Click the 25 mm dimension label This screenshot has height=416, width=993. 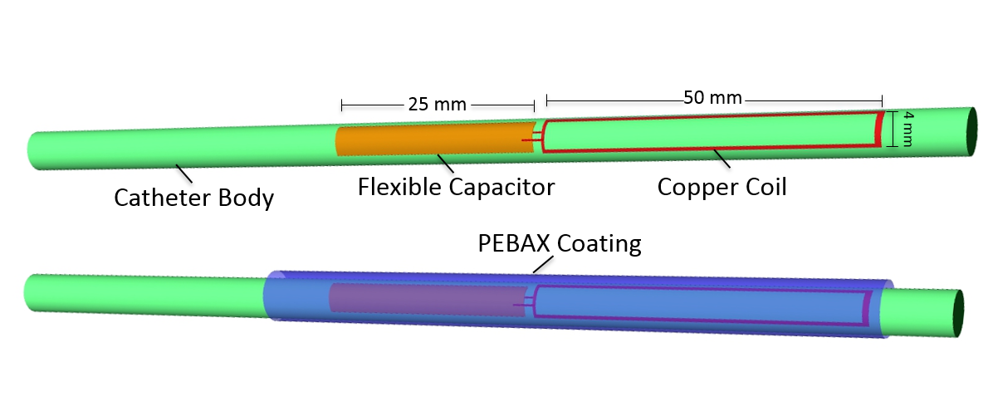(437, 105)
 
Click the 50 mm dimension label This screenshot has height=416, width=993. (712, 97)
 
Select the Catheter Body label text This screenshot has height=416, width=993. (193, 199)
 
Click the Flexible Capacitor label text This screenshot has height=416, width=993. (456, 187)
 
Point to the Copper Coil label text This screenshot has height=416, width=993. (722, 187)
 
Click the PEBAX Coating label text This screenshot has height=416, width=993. (560, 244)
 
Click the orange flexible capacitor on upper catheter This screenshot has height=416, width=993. (432, 139)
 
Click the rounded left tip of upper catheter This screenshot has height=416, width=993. (33, 150)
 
